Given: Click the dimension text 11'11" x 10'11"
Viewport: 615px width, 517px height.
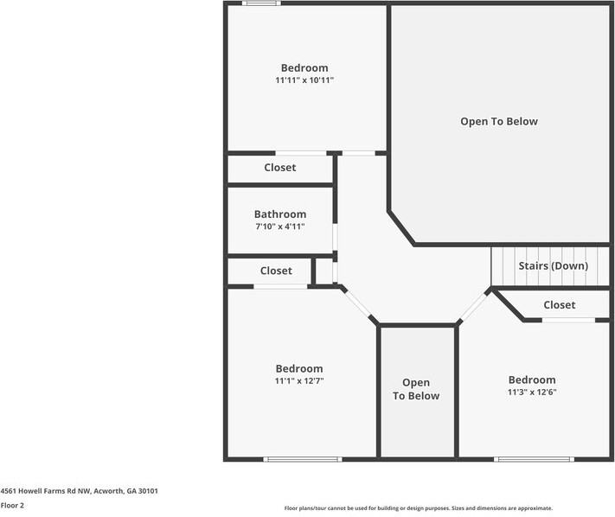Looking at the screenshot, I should pyautogui.click(x=304, y=80).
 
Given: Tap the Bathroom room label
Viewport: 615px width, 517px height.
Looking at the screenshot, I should pyautogui.click(x=279, y=214).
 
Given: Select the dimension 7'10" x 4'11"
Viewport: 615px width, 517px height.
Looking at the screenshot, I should pyautogui.click(x=279, y=227).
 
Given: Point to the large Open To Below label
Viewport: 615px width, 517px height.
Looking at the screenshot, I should pyautogui.click(x=498, y=122).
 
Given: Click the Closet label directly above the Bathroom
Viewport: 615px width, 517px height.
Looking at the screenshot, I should pyautogui.click(x=279, y=168).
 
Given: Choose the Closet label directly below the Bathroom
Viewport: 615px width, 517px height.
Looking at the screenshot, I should pyautogui.click(x=276, y=271).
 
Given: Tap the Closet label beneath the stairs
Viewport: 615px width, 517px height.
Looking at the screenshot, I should pyautogui.click(x=559, y=305).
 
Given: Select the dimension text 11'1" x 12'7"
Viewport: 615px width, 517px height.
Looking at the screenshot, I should pyautogui.click(x=298, y=380).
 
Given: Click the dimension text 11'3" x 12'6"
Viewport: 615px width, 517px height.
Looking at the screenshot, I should pyautogui.click(x=532, y=392).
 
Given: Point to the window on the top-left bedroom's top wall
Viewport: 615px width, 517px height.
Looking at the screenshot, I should pyautogui.click(x=260, y=3).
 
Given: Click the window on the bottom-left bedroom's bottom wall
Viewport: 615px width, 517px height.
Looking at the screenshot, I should pyautogui.click(x=302, y=458).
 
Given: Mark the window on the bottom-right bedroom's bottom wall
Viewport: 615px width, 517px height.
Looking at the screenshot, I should pyautogui.click(x=534, y=458).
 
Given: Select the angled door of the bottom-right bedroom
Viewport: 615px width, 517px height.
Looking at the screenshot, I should pyautogui.click(x=473, y=307).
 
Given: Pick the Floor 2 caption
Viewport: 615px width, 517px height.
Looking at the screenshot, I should pyautogui.click(x=12, y=505).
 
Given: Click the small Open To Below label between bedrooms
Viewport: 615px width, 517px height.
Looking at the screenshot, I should pyautogui.click(x=416, y=389).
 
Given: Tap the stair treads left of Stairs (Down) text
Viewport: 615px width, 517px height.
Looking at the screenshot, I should pyautogui.click(x=503, y=266).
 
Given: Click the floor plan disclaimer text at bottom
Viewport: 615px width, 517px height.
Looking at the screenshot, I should pyautogui.click(x=418, y=508).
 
